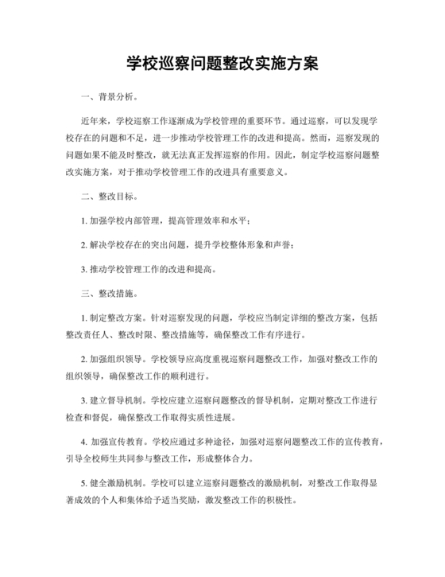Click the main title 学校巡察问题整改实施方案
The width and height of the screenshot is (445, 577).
[222, 64]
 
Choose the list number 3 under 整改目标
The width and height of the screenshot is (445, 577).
[85, 270]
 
